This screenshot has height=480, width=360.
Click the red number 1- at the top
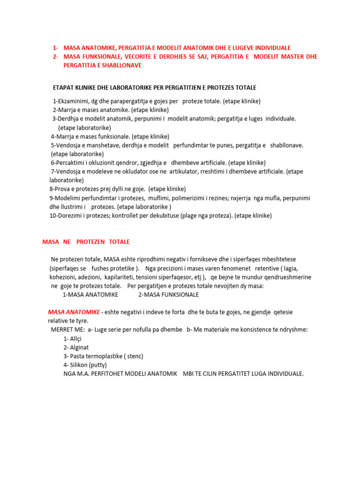pyautogui.click(x=56, y=48)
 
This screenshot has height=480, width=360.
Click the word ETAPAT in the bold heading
pyautogui.click(x=64, y=88)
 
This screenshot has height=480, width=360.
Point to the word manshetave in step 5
pyautogui.click(x=103, y=145)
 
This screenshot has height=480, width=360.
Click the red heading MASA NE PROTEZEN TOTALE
pyautogui.click(x=86, y=242)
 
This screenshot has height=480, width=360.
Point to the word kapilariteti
pyautogui.click(x=117, y=277)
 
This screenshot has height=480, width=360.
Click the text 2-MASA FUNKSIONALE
pyautogui.click(x=169, y=294)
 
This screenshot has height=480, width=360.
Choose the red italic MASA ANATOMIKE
pyautogui.click(x=74, y=312)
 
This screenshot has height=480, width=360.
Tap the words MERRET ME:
pyautogui.click(x=67, y=330)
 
